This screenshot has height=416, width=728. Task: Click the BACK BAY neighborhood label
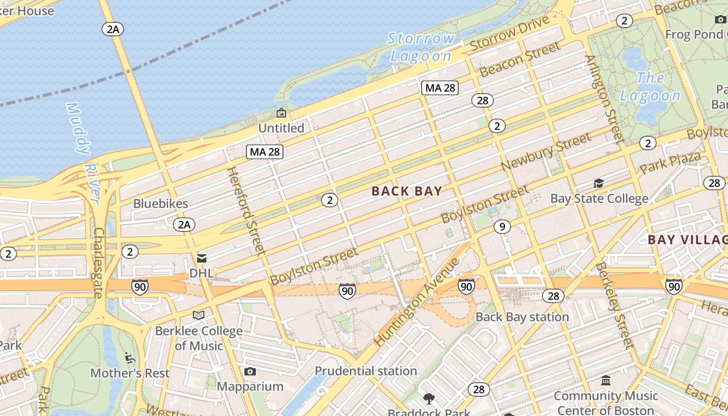(x=407, y=191)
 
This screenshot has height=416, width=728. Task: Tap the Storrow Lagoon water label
(x=421, y=47)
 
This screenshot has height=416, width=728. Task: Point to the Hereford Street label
(x=246, y=211)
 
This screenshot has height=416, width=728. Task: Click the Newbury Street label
(x=546, y=151)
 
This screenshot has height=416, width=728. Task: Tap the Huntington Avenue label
(x=417, y=302)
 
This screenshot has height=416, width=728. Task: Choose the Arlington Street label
(x=604, y=99)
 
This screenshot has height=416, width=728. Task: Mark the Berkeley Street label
(x=614, y=305)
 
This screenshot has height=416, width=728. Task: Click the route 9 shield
(x=502, y=227)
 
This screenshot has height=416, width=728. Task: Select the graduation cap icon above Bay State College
(x=599, y=183)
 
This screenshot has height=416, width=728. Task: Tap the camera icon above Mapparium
(x=250, y=371)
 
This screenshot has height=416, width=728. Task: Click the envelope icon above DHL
(x=201, y=258)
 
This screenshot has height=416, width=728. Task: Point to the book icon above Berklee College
(x=198, y=315)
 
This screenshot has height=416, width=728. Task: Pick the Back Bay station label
(x=522, y=317)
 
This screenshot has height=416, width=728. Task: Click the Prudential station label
(x=366, y=371)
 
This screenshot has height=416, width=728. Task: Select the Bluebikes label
(x=161, y=203)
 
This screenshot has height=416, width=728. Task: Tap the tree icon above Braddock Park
(x=429, y=399)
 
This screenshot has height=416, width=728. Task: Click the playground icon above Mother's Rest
(x=130, y=358)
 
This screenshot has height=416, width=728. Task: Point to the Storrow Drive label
(x=510, y=34)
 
